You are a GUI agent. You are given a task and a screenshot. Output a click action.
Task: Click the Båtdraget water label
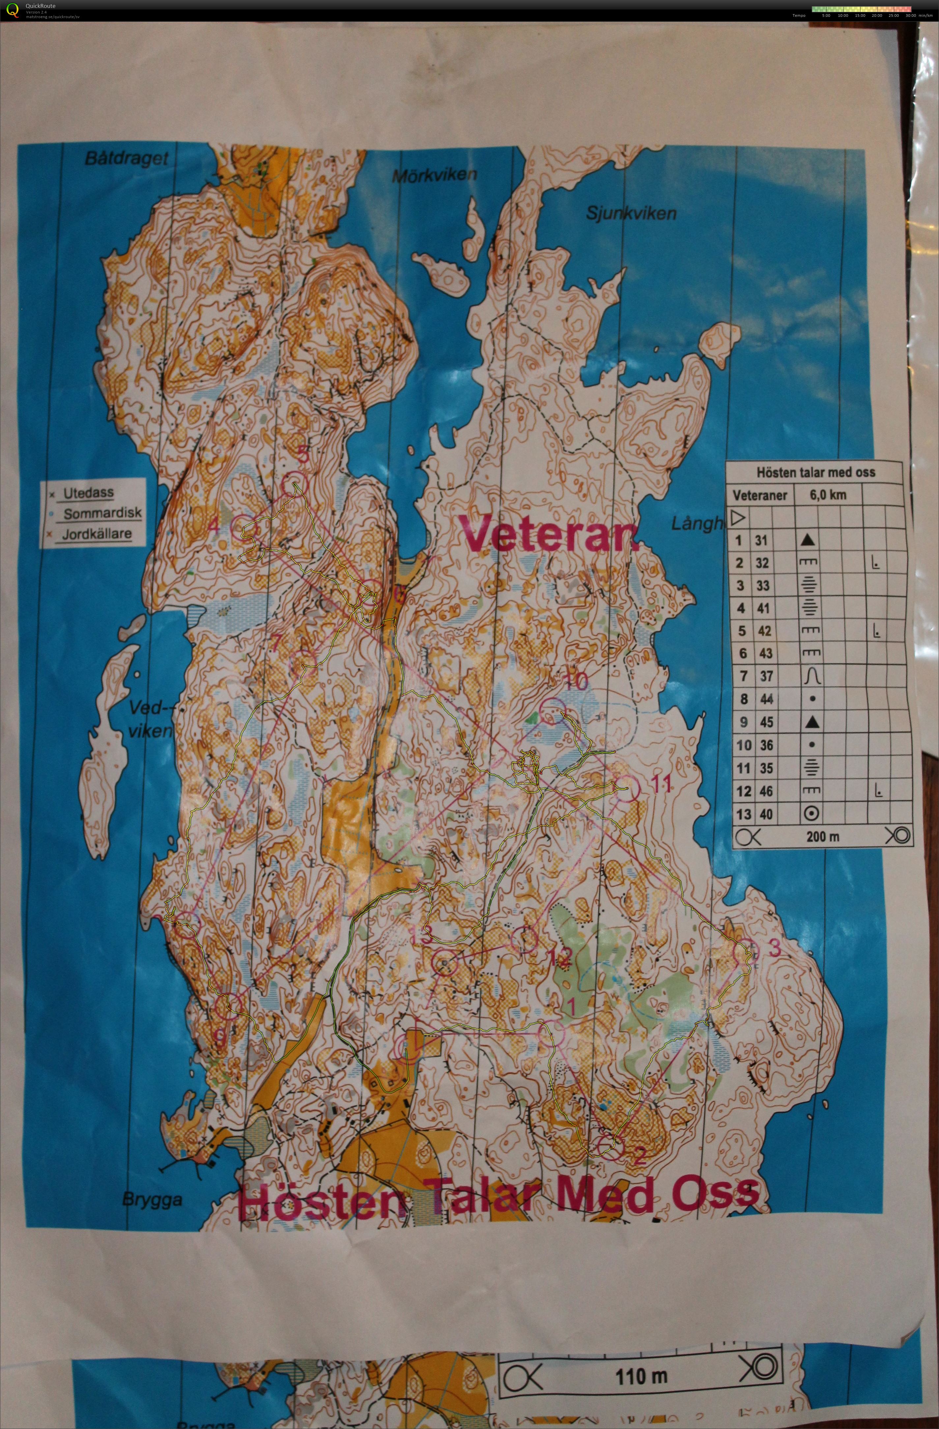pos(127,158)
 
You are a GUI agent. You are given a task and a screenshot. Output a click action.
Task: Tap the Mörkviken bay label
pos(434,175)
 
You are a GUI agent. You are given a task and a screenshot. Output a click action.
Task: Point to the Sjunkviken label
pos(631,212)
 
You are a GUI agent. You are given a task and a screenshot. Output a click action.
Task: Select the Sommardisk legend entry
pos(102,513)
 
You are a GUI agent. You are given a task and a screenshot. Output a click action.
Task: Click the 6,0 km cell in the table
pos(828,495)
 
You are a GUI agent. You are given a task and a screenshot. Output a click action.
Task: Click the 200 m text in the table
pos(822,836)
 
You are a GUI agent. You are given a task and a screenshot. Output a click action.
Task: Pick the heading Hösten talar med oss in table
pos(815,472)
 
